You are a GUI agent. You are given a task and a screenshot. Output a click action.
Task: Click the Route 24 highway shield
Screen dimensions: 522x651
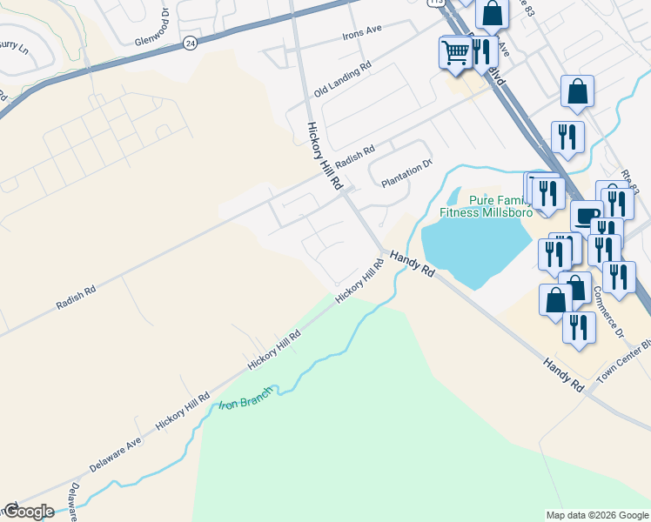point(189,43)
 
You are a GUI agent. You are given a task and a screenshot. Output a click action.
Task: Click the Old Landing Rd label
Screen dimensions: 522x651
point(343,77)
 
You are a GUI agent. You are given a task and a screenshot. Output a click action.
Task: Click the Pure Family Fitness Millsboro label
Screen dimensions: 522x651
point(486,206)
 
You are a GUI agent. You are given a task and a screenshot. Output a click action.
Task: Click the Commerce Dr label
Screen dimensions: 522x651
point(608,319)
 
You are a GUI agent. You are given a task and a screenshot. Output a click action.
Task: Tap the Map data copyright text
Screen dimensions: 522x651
point(598,515)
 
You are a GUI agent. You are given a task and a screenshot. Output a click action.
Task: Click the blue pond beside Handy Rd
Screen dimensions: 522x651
point(475,248)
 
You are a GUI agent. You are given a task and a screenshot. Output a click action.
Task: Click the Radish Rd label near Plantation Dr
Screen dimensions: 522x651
point(353,157)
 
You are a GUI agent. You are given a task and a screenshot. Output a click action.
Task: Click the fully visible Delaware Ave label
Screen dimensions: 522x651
point(115,452)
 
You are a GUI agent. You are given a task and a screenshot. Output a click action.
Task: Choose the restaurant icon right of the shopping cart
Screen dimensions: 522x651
point(483,50)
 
